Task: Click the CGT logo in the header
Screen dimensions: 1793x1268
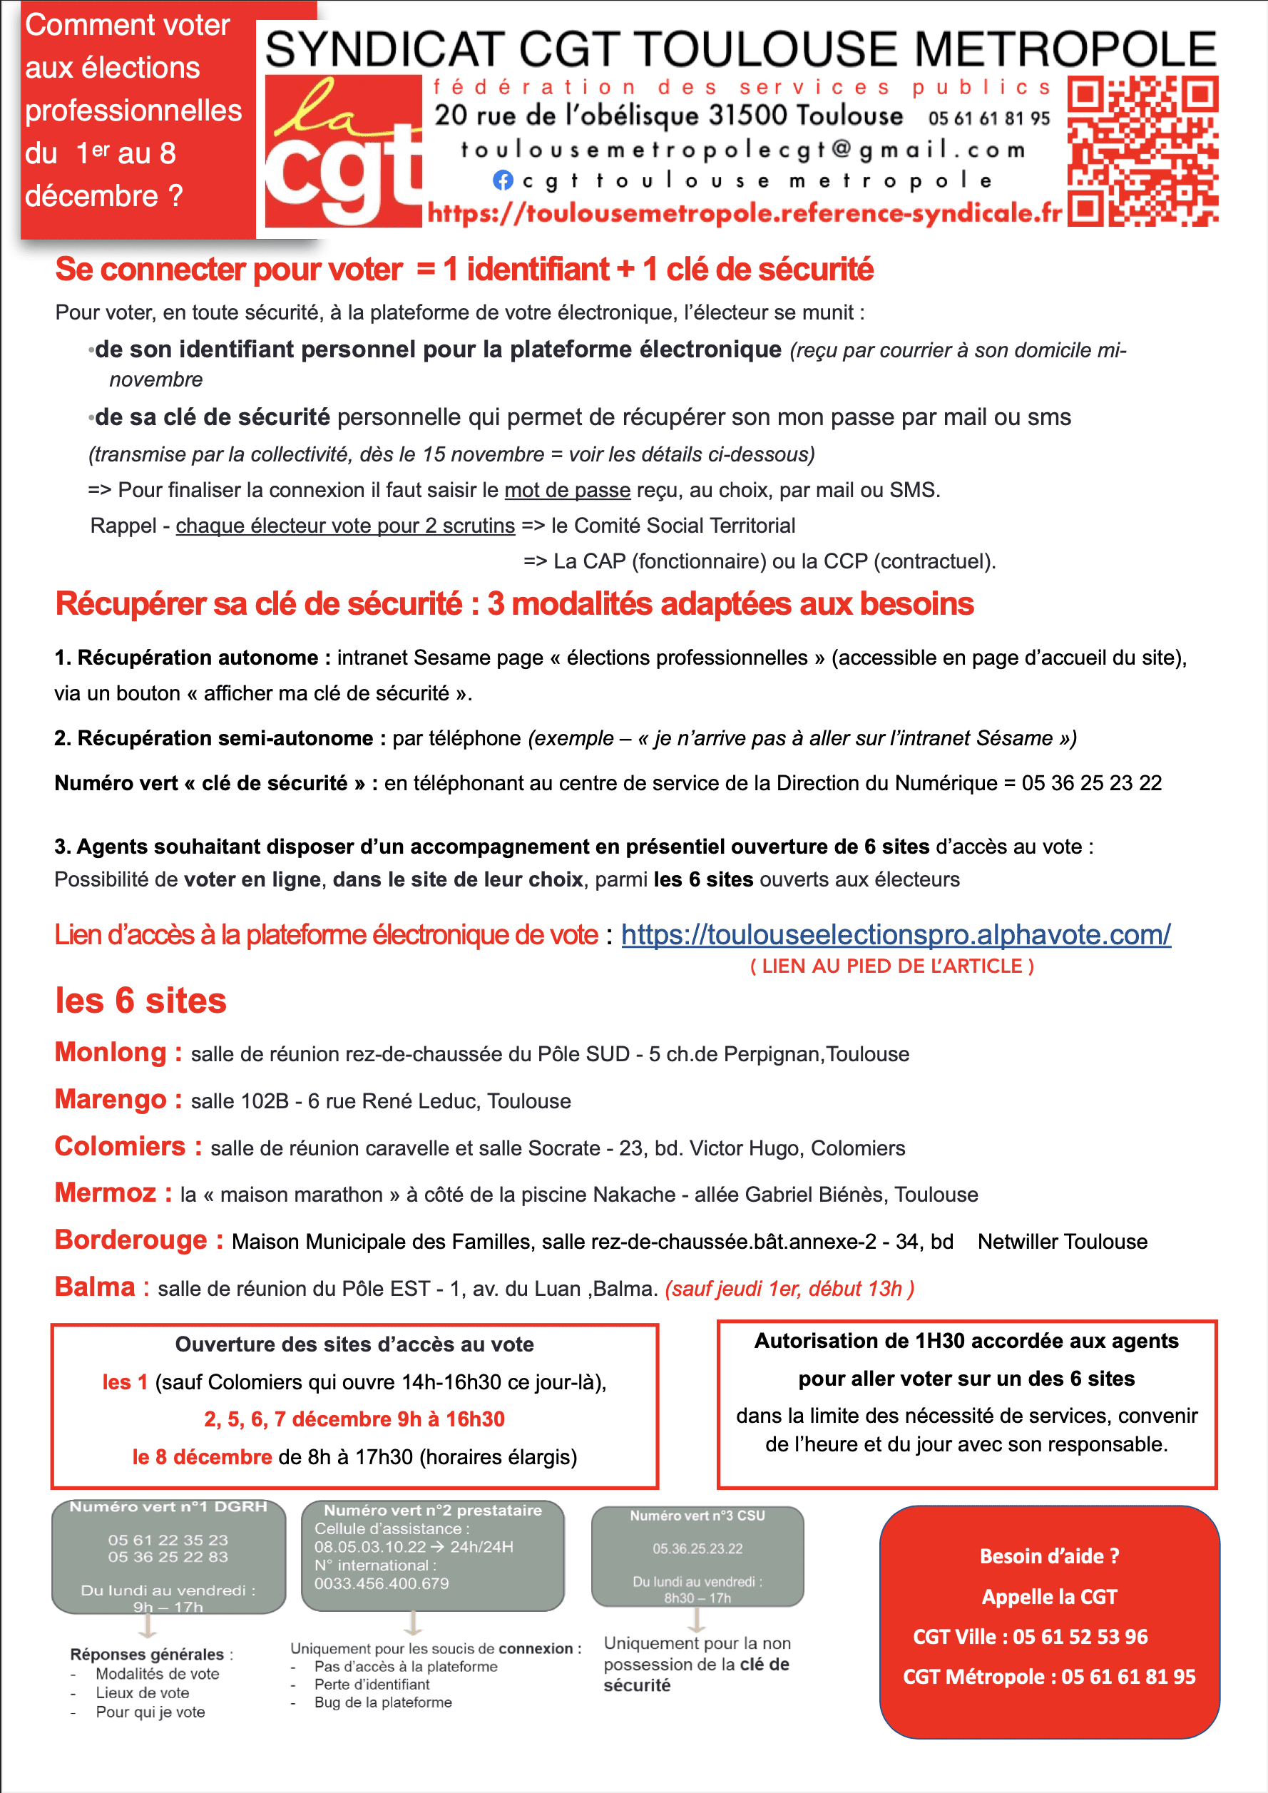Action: pos(344,150)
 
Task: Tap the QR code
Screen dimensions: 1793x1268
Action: pos(1142,150)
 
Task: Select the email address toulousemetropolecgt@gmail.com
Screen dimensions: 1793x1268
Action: pos(742,148)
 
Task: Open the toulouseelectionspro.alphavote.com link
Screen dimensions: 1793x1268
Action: pos(896,934)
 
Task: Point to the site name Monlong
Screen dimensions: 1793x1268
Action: pos(111,1052)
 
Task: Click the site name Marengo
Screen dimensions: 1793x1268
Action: pos(111,1099)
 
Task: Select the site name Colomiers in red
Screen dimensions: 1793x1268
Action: pos(121,1145)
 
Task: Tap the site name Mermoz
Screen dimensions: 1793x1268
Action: pos(106,1192)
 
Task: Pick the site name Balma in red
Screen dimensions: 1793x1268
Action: pos(96,1286)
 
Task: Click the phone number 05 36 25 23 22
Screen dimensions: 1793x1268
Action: pos(1092,782)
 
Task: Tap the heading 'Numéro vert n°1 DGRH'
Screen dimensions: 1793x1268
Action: pos(168,1506)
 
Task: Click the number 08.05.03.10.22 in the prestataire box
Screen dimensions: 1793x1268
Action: pos(370,1546)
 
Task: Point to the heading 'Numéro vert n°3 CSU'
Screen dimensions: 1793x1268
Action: pos(697,1515)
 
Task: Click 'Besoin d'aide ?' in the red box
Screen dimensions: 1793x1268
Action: pos(1049,1556)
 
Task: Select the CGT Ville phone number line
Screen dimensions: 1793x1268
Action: pos(1031,1636)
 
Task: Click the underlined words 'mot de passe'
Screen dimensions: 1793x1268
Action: pos(568,490)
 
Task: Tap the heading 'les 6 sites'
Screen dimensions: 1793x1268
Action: pos(140,1001)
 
